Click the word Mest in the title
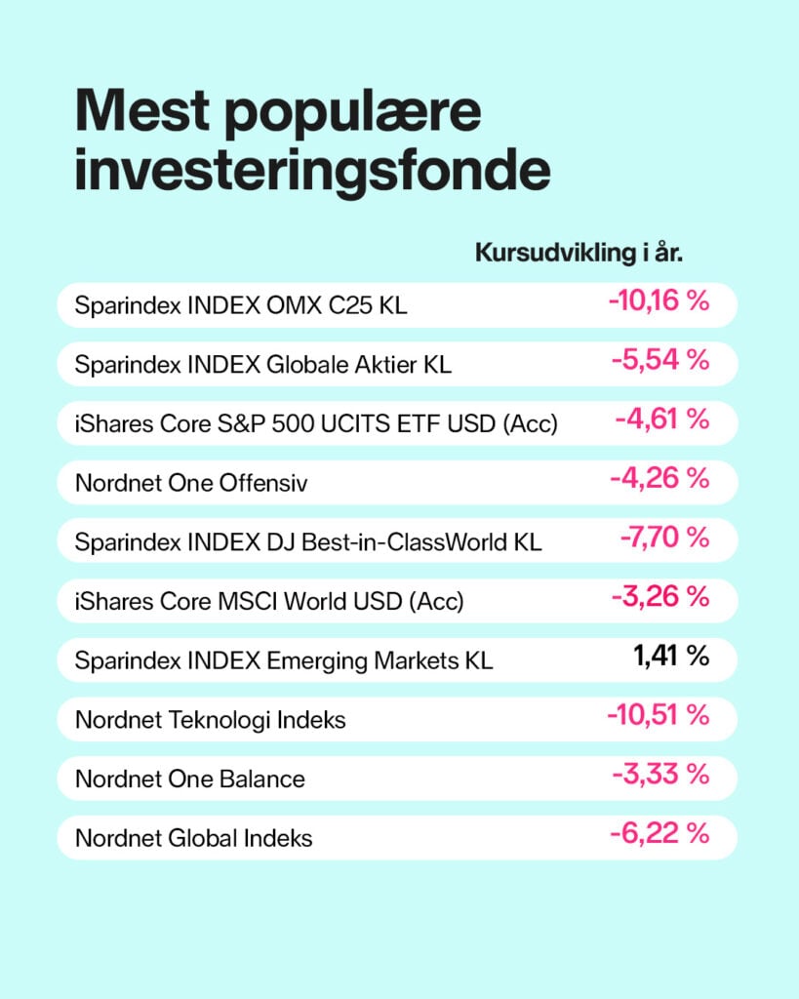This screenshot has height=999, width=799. coord(142,111)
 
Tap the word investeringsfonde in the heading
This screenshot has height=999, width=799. coord(312,172)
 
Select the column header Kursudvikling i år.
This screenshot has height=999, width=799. coord(579,253)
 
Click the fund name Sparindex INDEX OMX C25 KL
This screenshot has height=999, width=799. coord(241,305)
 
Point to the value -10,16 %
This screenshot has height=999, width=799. coord(659,300)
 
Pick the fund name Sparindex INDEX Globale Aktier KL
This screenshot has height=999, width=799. coord(263,365)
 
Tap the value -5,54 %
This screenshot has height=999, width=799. coord(660,359)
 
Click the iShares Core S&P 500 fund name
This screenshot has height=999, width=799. coord(316,424)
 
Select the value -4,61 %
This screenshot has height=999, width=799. coord(662,419)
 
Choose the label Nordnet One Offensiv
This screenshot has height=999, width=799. coord(191,483)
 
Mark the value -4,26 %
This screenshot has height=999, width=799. coord(659,478)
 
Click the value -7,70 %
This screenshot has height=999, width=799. coord(664,538)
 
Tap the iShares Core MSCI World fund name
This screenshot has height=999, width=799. coord(269,601)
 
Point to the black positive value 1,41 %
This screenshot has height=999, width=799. coord(671,656)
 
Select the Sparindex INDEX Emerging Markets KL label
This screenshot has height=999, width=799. coord(284,660)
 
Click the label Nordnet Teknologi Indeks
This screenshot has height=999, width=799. coord(211,720)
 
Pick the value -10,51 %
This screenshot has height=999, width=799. coord(659,715)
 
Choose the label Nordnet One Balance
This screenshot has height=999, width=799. coord(190,779)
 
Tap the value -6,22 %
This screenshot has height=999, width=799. coord(659,833)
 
